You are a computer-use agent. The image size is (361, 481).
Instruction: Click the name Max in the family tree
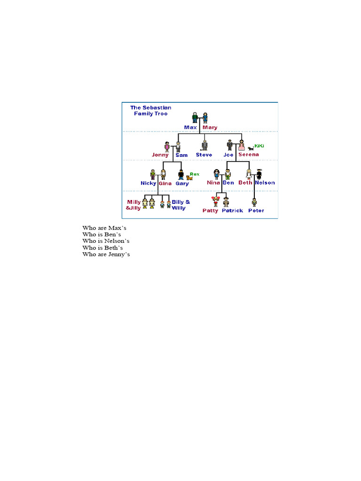190,127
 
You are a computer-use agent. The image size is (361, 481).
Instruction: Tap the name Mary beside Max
210,127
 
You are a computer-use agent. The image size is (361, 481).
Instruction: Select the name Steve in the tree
204,155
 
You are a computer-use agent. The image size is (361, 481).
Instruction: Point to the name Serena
248,155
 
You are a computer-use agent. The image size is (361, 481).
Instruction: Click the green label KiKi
259,146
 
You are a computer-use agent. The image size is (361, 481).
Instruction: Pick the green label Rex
194,174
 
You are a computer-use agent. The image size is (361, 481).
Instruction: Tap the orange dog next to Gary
189,178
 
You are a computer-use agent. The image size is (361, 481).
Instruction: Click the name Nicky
148,183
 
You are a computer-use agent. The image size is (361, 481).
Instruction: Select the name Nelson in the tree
265,183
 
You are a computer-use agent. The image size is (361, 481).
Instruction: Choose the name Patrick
232,210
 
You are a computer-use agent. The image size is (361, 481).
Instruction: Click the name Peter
256,210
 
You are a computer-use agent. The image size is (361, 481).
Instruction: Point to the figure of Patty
216,202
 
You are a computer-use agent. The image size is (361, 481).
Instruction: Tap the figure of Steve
204,146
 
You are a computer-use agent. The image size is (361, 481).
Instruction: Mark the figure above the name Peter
254,202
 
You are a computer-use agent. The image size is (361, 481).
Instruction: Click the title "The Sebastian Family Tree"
150,110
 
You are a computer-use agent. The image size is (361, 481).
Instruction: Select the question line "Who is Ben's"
102,234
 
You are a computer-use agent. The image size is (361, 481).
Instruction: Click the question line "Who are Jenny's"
106,254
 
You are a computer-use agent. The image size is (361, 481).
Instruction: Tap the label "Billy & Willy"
181,205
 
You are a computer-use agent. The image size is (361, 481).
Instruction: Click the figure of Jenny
166,147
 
